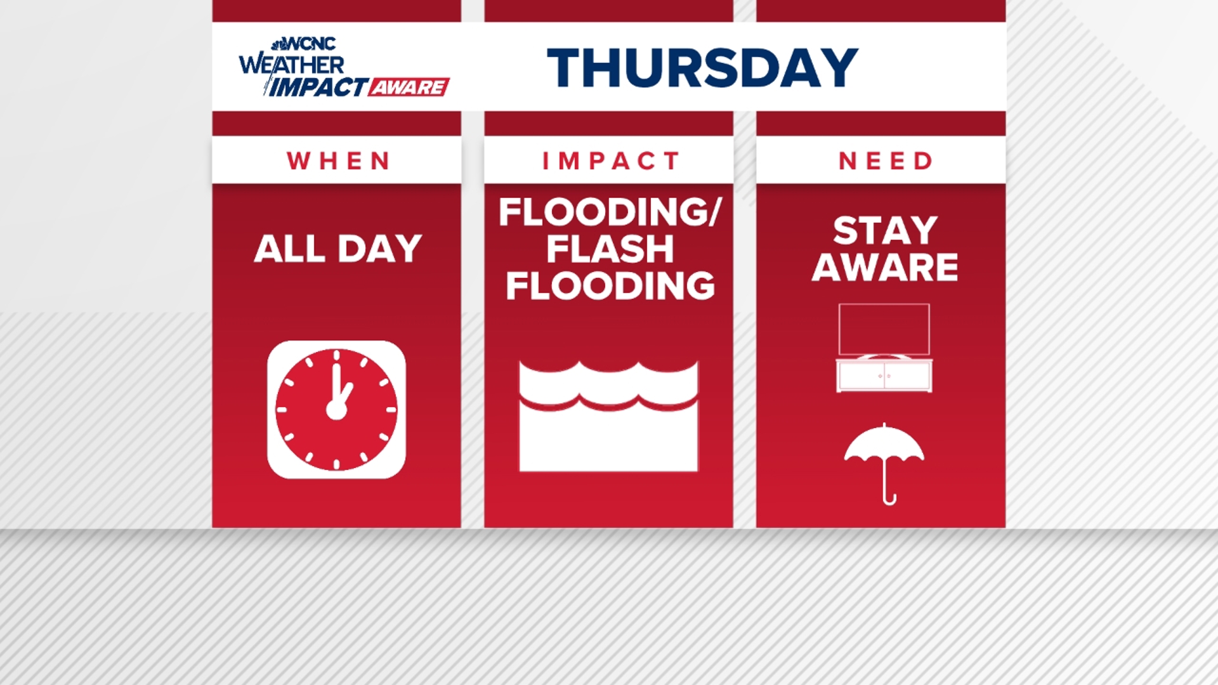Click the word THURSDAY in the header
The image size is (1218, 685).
coord(702,67)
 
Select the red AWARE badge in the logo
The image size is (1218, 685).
coord(409,87)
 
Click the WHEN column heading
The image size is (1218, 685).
coord(337,161)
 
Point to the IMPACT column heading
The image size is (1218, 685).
coord(610,161)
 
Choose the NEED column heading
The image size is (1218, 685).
coord(886,161)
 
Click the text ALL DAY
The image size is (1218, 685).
coord(337,249)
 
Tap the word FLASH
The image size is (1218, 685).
coord(610,249)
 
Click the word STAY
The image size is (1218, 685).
coord(885,230)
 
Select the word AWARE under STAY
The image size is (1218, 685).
coord(885,267)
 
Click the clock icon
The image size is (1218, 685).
coord(336,410)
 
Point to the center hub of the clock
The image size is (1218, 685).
coord(336,410)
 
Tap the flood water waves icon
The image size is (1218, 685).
coord(608,416)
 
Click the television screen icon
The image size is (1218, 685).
coord(884,329)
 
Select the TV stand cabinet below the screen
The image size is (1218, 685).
coord(884,376)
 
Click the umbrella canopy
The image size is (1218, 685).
coord(884,444)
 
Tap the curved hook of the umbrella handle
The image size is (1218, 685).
coord(889,500)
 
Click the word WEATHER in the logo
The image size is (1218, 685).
coord(292,65)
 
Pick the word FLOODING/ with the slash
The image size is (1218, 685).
coord(610,212)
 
